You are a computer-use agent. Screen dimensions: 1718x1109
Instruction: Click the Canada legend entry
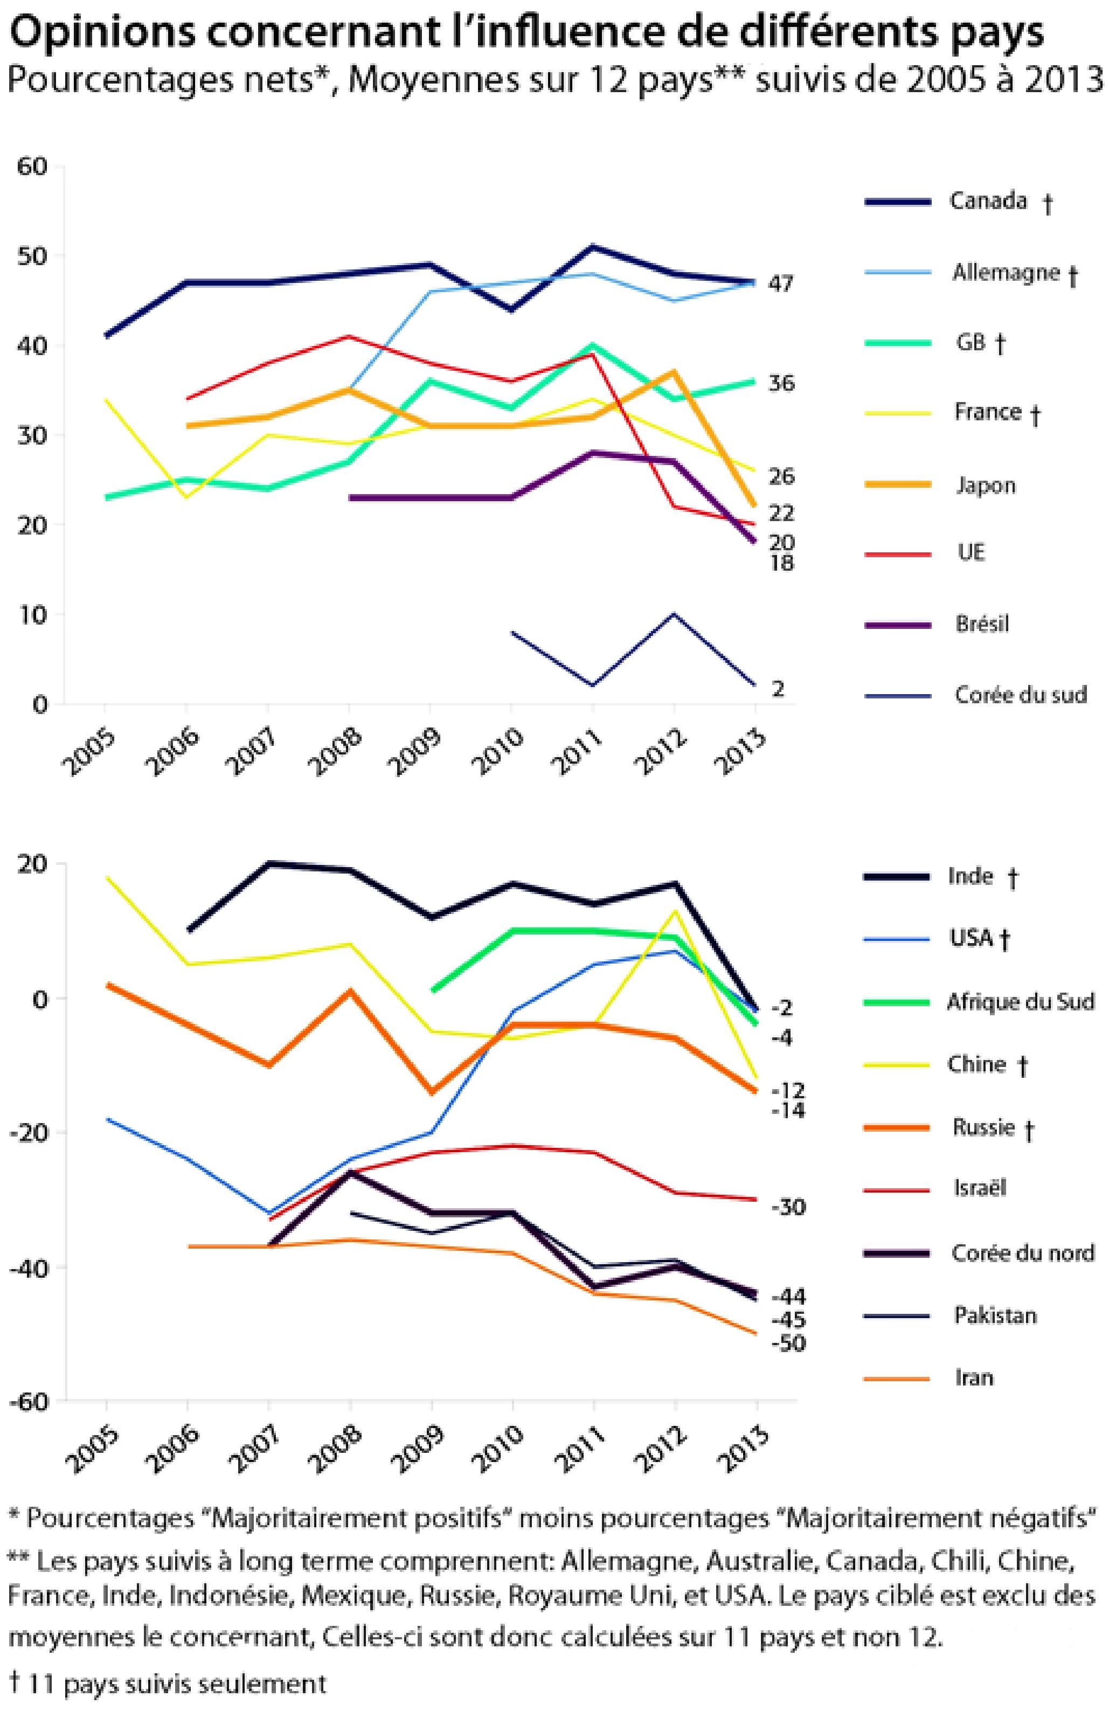[x=987, y=201]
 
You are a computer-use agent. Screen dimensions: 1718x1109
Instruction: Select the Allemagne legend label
[x=1006, y=273]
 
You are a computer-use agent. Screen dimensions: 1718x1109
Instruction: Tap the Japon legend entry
[x=985, y=486]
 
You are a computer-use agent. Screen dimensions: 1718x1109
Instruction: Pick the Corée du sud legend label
[x=1020, y=695]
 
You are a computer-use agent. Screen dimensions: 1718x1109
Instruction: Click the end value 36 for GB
[x=781, y=384]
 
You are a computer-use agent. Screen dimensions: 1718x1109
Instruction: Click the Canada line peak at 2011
[x=593, y=247]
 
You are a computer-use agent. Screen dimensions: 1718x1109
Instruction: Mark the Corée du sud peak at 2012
[x=674, y=614]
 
